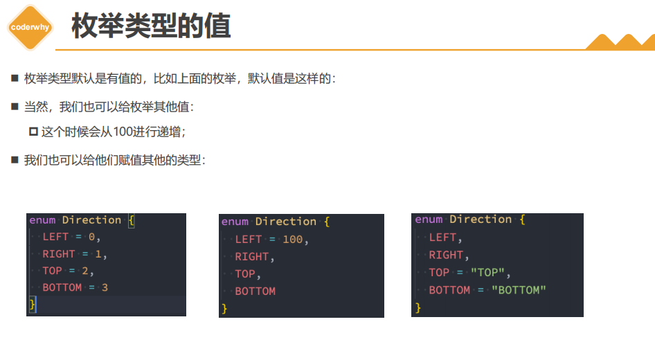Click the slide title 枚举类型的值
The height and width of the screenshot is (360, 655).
pyautogui.click(x=151, y=26)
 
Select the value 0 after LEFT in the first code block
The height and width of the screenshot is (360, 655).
pyautogui.click(x=92, y=237)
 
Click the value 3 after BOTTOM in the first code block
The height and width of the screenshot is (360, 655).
pyautogui.click(x=105, y=287)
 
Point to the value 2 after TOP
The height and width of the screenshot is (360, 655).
pyautogui.click(x=84, y=271)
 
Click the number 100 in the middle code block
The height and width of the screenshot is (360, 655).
pyautogui.click(x=293, y=240)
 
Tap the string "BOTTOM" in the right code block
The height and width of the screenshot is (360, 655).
pyautogui.click(x=519, y=290)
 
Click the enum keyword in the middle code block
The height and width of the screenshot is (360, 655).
pyautogui.click(x=235, y=222)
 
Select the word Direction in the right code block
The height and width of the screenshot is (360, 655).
pyautogui.click(x=481, y=219)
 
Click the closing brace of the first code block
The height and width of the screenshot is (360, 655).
pyautogui.click(x=32, y=305)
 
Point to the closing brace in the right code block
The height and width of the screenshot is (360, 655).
pyautogui.click(x=418, y=307)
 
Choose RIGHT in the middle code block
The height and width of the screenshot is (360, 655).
pyautogui.click(x=252, y=257)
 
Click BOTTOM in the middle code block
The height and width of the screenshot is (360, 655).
pyautogui.click(x=255, y=291)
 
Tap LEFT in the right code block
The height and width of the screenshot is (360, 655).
pyautogui.click(x=442, y=237)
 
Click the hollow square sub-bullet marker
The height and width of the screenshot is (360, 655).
pyautogui.click(x=33, y=132)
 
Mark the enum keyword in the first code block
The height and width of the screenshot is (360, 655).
pyautogui.click(x=42, y=220)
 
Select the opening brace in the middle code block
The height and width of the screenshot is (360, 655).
pyautogui.click(x=327, y=222)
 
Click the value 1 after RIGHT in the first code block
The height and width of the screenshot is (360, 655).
pyautogui.click(x=98, y=254)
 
